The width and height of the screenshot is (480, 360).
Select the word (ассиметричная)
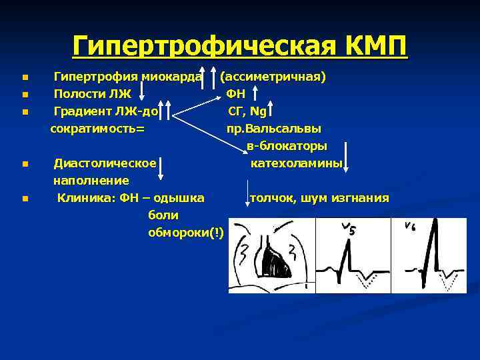(x=273, y=77)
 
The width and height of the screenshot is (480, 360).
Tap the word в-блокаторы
(x=287, y=145)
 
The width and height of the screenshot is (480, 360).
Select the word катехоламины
(x=297, y=163)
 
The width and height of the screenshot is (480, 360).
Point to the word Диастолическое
(x=105, y=163)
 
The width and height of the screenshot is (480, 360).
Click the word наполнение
(x=91, y=181)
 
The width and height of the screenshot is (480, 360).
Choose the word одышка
(x=181, y=198)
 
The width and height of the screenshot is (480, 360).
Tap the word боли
(x=163, y=215)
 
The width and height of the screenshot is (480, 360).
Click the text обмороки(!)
(x=186, y=233)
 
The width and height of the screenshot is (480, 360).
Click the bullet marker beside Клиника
(x=25, y=198)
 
